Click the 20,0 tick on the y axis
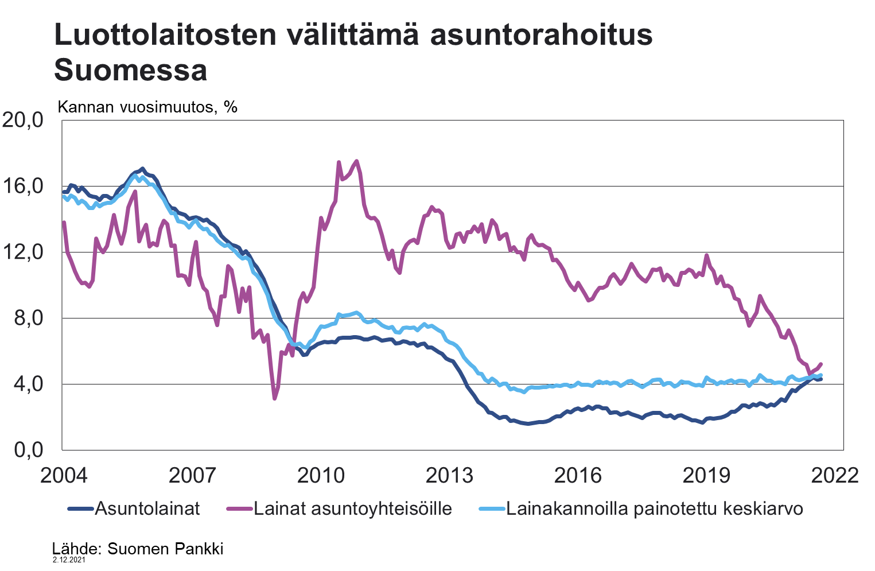23,121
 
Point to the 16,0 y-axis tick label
23,187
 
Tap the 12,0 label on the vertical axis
23,252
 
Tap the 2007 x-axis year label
192,475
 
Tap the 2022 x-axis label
835,475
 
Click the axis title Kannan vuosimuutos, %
147,107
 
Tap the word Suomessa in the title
130,71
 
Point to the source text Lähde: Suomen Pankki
138,549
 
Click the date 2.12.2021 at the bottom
69,560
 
